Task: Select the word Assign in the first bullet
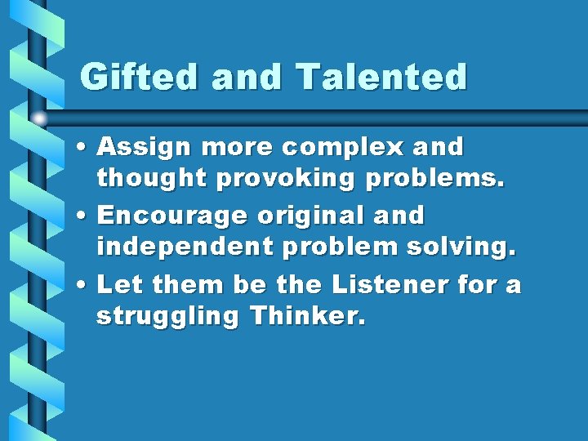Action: (x=144, y=148)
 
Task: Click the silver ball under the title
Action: (x=40, y=119)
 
